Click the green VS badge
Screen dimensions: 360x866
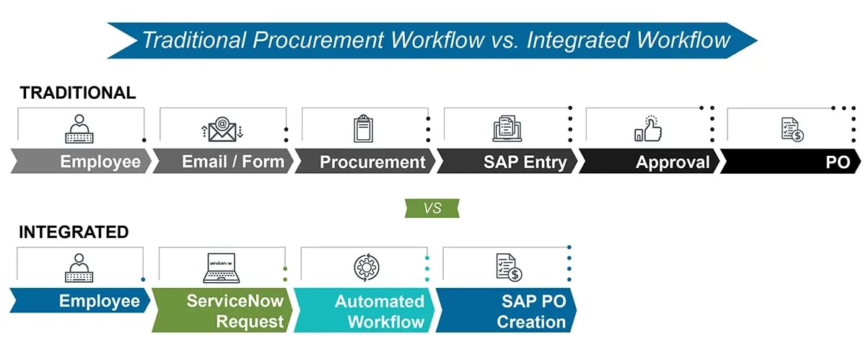432,208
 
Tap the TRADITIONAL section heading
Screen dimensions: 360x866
77,93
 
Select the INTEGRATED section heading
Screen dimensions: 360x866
74,232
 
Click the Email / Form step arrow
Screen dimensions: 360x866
223,162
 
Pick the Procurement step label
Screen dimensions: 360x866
372,162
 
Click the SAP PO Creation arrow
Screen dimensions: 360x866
507,311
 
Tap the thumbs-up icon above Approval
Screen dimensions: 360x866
647,130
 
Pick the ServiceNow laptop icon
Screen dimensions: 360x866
221,268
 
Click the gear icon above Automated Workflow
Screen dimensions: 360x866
363,268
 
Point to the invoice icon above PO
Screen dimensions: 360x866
791,130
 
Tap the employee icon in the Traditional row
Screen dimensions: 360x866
80,129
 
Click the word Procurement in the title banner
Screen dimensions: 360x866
325,40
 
